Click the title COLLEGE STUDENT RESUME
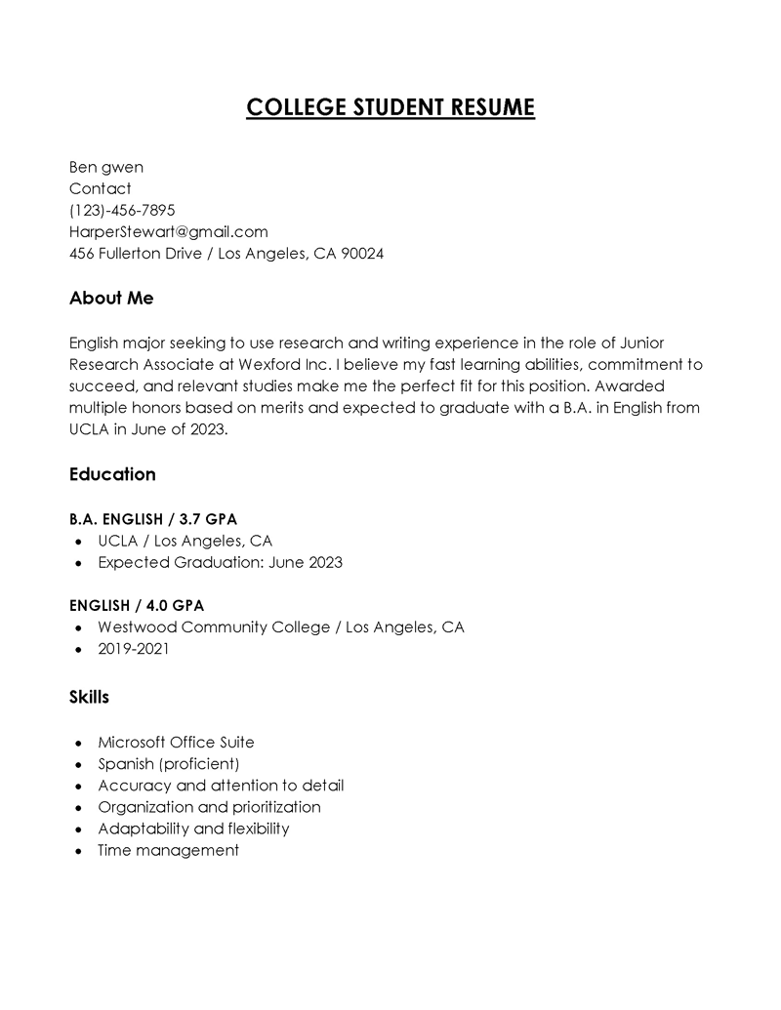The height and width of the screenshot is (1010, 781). [390, 106]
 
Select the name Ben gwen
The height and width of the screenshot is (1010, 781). [105, 167]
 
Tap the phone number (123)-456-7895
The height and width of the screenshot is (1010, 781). [122, 210]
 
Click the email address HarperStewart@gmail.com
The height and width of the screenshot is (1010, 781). [168, 231]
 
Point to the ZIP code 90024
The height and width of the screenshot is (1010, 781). [362, 254]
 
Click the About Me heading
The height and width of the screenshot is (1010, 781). [111, 298]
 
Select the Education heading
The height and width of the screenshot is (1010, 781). [112, 474]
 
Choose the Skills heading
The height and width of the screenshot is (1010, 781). [89, 697]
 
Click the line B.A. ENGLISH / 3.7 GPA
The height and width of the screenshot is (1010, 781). [152, 518]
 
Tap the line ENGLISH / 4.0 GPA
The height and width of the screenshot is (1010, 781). [137, 605]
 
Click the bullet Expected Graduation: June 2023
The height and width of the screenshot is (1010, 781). [220, 562]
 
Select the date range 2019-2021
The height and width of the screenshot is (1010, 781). [133, 648]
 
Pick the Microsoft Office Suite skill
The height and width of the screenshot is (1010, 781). [176, 742]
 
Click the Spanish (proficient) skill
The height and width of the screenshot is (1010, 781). [168, 763]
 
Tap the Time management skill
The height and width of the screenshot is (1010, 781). [168, 850]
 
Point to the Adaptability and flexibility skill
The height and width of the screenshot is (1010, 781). [193, 828]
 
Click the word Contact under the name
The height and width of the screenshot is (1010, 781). [100, 188]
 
